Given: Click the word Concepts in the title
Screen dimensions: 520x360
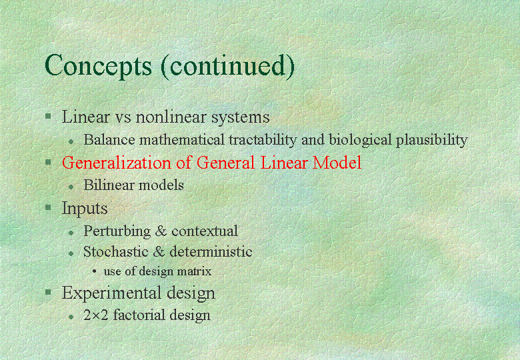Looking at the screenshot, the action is (98, 66).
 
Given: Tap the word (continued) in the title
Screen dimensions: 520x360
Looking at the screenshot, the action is (228, 66).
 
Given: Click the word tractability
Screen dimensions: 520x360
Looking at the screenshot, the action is (263, 140).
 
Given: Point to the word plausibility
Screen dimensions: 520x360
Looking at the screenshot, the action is (432, 140).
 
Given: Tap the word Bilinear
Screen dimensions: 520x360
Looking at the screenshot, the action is (109, 185).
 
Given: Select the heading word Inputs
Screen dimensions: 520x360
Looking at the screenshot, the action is (85, 209).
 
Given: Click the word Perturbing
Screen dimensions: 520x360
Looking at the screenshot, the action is (117, 231).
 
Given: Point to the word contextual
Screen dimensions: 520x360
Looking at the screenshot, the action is (205, 231).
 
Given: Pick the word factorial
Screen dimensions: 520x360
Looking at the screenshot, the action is (139, 315).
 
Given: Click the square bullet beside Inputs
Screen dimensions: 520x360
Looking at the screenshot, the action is (48, 207).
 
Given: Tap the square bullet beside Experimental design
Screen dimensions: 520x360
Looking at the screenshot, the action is (48, 292).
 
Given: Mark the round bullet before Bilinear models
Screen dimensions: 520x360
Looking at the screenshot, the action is (71, 187).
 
